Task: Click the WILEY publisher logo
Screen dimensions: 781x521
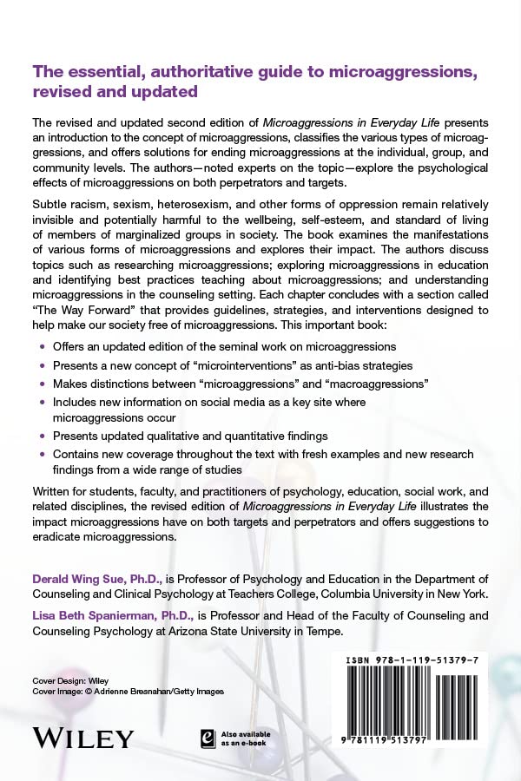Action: click(83, 738)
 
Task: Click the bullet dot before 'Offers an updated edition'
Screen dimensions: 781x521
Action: click(41, 347)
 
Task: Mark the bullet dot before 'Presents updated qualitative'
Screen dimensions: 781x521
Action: click(41, 436)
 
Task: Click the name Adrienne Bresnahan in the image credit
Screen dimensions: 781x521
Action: click(135, 691)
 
